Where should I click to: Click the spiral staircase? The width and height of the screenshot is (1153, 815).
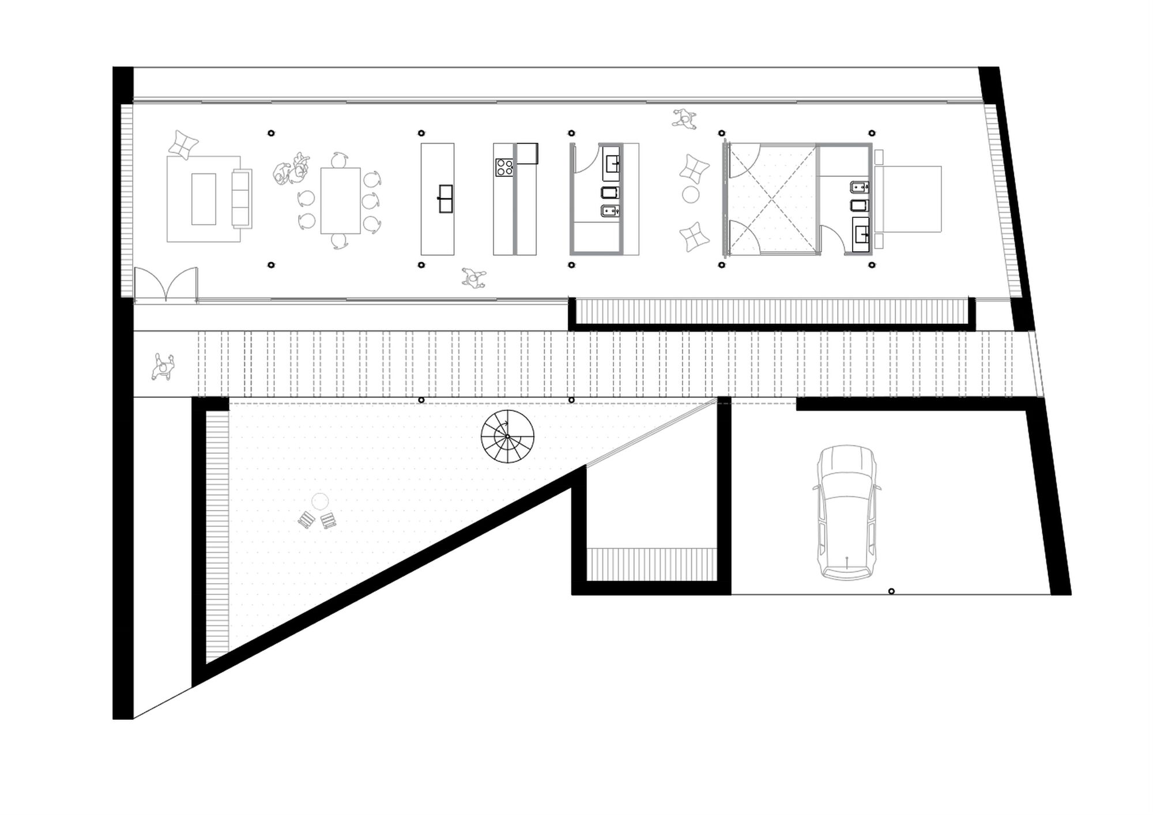point(507,436)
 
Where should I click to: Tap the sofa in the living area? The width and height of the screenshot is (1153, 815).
point(242,198)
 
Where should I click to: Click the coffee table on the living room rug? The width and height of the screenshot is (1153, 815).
point(204,199)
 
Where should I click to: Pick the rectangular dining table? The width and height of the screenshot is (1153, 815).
point(340,200)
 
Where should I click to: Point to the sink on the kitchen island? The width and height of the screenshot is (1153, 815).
point(445,199)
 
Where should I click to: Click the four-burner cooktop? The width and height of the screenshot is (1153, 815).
point(504,167)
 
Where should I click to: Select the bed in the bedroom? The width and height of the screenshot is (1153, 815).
point(908,199)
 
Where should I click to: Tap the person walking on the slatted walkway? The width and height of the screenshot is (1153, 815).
point(163,367)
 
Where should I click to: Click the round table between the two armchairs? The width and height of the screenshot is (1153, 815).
point(691,195)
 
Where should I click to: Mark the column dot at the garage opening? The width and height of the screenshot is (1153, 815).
point(891,591)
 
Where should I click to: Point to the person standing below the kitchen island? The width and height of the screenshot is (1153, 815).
point(474,278)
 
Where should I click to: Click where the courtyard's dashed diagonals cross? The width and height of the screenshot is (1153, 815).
point(773,199)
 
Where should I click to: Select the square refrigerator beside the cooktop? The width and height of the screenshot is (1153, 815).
point(527,154)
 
